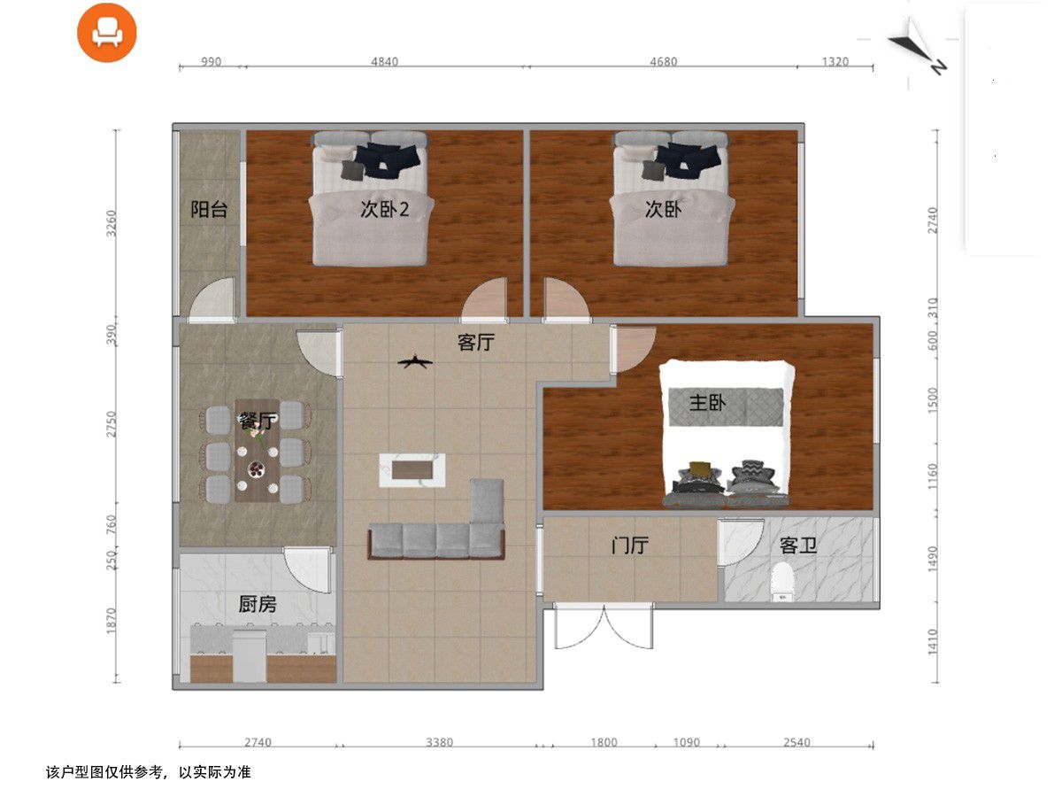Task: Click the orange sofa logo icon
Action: pos(107,33)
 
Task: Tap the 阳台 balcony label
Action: pos(209,210)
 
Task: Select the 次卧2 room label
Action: pos(385,209)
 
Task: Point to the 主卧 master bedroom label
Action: pos(707,403)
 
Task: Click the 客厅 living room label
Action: pos(476,342)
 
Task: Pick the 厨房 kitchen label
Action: pos(258,605)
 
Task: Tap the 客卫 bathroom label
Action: pos(798,546)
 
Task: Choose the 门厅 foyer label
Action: pos(629,546)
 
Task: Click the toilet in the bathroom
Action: pos(782,582)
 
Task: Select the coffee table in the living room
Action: pos(412,470)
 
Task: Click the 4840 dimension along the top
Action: pos(385,61)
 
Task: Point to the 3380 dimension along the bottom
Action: pos(439,742)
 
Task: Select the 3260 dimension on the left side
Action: pos(112,223)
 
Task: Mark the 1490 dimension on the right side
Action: pos(932,560)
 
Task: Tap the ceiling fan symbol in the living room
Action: pos(415,361)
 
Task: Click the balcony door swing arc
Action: pos(212,298)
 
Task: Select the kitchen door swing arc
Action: pos(307,570)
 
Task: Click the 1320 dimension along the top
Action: pos(835,61)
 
